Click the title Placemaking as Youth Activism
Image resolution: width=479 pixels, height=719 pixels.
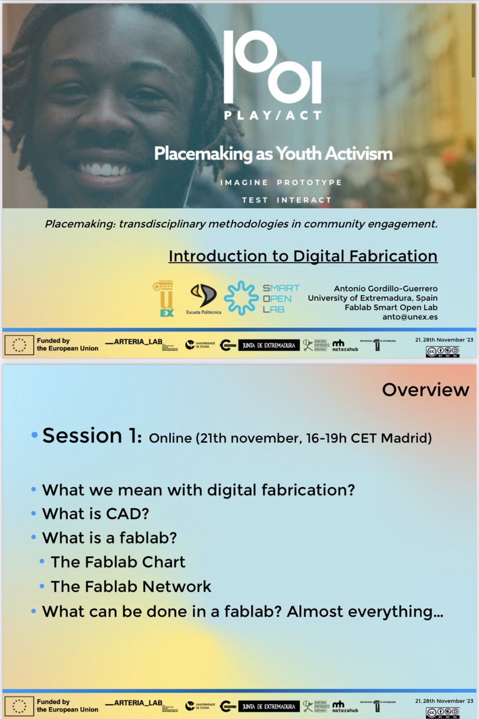pyautogui.click(x=273, y=154)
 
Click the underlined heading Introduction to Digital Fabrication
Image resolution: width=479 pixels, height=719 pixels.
pyautogui.click(x=303, y=256)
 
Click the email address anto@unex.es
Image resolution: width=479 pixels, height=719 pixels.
pyautogui.click(x=411, y=318)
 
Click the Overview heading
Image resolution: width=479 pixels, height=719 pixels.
pyautogui.click(x=425, y=390)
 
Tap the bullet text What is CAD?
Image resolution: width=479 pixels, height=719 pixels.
pyautogui.click(x=91, y=513)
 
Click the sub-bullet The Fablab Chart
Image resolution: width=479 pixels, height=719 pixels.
pyautogui.click(x=118, y=562)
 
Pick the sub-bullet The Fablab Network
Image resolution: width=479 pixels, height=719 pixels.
pyautogui.click(x=131, y=586)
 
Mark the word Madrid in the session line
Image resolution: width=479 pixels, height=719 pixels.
pyautogui.click(x=410, y=438)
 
